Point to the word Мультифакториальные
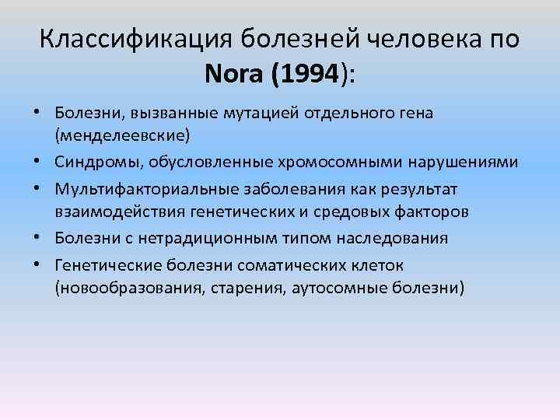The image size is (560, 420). pos(138,190)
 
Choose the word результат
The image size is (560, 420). pos(416,190)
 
